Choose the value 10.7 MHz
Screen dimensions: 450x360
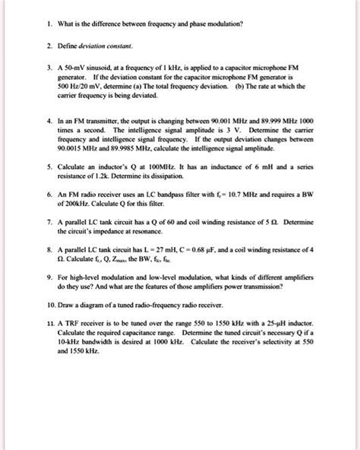click(273, 217)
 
